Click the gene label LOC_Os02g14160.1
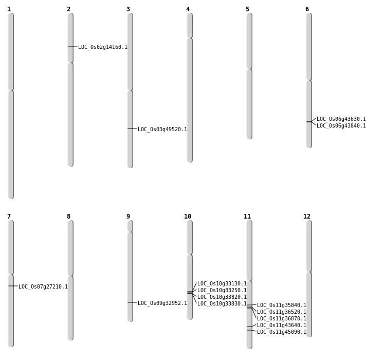coord(102,47)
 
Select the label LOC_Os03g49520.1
coord(162,129)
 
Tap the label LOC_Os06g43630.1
coord(341,119)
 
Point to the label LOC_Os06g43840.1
coord(341,125)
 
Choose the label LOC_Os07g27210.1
coord(43,286)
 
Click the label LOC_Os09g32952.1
coord(162,303)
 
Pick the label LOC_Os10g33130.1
coord(222,283)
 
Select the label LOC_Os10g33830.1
coord(222,303)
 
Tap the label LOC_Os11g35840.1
coord(281,305)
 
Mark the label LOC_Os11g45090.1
coord(281,332)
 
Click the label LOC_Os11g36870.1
coord(281,318)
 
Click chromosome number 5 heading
coord(247,9)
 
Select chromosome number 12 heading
coord(307,217)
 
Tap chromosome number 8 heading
coord(68,217)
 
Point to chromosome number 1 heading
coord(9,9)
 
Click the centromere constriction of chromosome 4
coord(190,38)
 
